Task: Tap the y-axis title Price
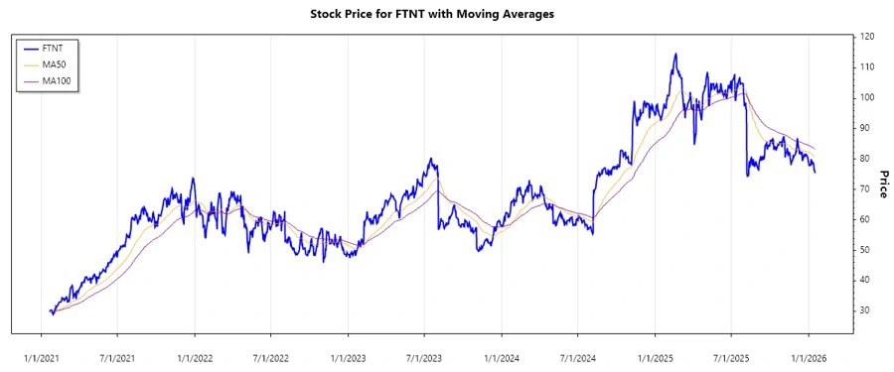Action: [x=880, y=174]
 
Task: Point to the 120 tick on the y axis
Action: [x=868, y=37]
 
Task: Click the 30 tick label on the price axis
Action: [x=866, y=310]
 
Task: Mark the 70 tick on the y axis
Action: [x=866, y=188]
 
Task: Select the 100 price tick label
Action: [x=868, y=97]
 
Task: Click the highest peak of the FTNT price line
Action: [x=675, y=55]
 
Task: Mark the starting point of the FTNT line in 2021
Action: [x=50, y=310]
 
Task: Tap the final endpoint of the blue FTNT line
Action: [x=816, y=173]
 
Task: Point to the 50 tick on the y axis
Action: [x=866, y=249]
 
